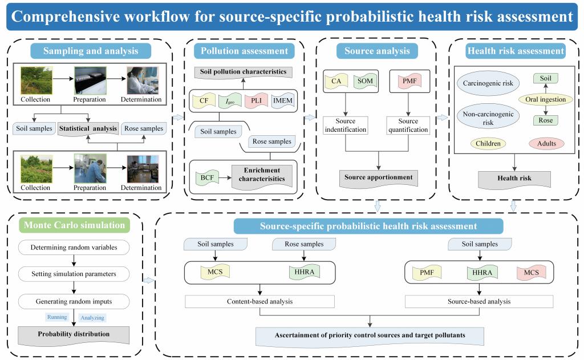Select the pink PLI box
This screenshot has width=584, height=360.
[x=255, y=102]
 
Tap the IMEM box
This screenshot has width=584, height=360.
[x=283, y=102]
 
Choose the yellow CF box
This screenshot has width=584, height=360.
[x=203, y=102]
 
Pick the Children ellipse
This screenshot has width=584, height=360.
[x=489, y=143]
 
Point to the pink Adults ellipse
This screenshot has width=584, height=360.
[x=546, y=143]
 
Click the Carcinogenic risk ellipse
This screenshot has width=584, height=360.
[x=488, y=84]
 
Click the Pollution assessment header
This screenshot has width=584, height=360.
[x=245, y=51]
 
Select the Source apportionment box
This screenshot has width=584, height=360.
[x=379, y=177]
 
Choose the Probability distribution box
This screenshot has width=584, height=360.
[x=74, y=334]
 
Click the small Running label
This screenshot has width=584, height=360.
[x=56, y=317]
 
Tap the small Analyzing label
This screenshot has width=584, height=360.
[x=92, y=317]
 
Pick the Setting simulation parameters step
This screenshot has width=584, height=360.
[x=74, y=274]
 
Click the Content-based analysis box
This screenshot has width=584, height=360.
[x=260, y=301]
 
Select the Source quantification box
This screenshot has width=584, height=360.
[x=408, y=126]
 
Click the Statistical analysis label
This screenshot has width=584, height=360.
[x=88, y=128]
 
